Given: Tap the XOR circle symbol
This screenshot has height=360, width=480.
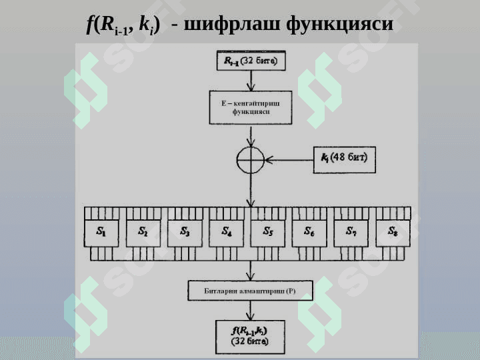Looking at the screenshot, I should pos(251,160).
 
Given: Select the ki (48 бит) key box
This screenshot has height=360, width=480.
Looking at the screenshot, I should pos(345,160).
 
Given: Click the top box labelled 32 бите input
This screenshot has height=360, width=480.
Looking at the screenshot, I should pos(251,62).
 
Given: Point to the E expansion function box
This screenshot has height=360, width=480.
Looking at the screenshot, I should pos(251,108).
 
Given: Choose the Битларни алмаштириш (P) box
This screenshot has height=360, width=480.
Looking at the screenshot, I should pos(251,291).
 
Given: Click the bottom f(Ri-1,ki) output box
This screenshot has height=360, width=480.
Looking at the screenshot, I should pos(251,335).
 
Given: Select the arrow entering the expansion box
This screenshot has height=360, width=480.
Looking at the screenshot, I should pos(251,82).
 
